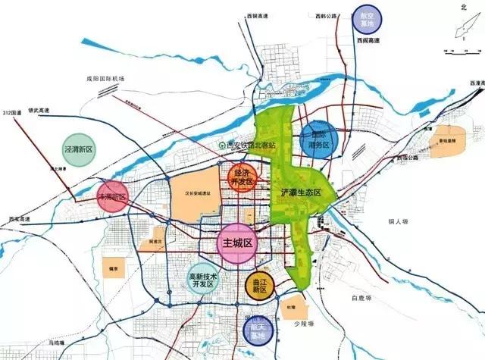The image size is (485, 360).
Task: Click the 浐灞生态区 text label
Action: (x=302, y=193)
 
